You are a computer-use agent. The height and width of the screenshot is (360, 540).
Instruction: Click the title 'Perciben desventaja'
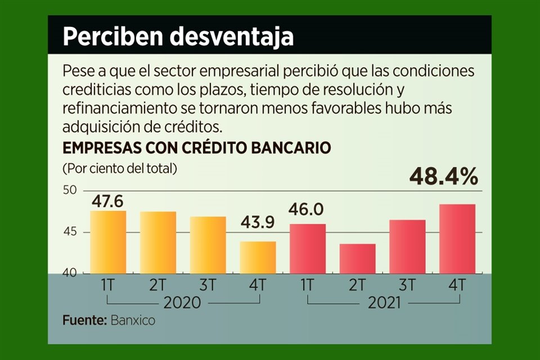(178, 37)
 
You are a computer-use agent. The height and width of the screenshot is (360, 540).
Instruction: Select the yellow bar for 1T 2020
(108, 242)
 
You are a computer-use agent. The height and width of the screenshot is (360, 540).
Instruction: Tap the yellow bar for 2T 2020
(158, 243)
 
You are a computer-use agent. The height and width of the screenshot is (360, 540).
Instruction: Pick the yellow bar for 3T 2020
(208, 245)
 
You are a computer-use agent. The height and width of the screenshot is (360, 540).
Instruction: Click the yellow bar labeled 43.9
(258, 258)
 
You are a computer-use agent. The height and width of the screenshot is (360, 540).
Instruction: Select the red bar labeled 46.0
(307, 249)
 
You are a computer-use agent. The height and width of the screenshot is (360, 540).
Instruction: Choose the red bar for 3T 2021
(407, 247)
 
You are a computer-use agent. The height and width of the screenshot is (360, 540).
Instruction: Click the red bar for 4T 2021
(457, 239)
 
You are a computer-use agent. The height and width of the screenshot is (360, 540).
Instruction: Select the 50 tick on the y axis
(70, 191)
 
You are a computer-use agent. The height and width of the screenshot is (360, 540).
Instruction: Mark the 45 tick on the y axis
(70, 232)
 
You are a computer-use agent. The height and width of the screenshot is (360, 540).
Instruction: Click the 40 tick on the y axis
(70, 273)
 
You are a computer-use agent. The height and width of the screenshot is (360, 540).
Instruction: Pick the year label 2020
(182, 303)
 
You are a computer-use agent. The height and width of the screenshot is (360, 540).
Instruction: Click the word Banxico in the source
(132, 321)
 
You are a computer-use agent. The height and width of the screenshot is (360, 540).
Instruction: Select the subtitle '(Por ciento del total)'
(120, 168)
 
